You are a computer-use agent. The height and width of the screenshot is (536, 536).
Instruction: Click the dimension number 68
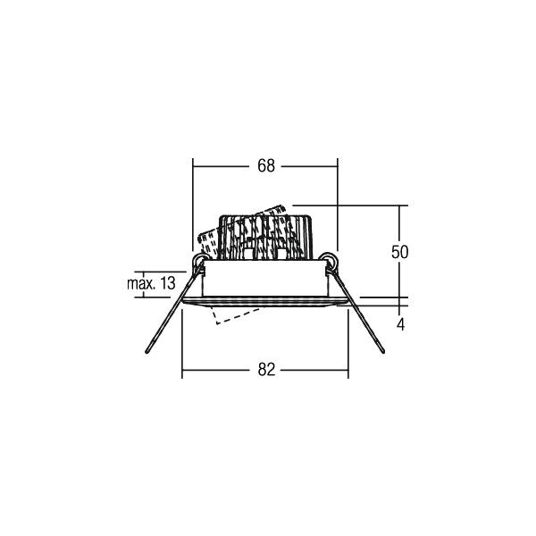pyautogui.click(x=266, y=166)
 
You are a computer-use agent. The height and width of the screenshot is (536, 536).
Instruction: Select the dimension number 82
pyautogui.click(x=266, y=370)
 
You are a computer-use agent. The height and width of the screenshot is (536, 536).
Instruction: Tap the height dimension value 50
pyautogui.click(x=399, y=252)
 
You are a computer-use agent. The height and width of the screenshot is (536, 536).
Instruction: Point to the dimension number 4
pyautogui.click(x=400, y=324)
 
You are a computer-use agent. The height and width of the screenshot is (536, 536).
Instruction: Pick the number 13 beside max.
pyautogui.click(x=168, y=283)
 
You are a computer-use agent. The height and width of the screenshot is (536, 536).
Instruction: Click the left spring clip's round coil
pyautogui.click(x=199, y=261)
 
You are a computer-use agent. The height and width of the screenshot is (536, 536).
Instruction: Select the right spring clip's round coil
pyautogui.click(x=328, y=260)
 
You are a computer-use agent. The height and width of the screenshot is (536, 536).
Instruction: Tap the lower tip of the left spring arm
pyautogui.click(x=147, y=351)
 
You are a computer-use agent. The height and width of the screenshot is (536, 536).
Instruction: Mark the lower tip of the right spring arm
pyautogui.click(x=382, y=351)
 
